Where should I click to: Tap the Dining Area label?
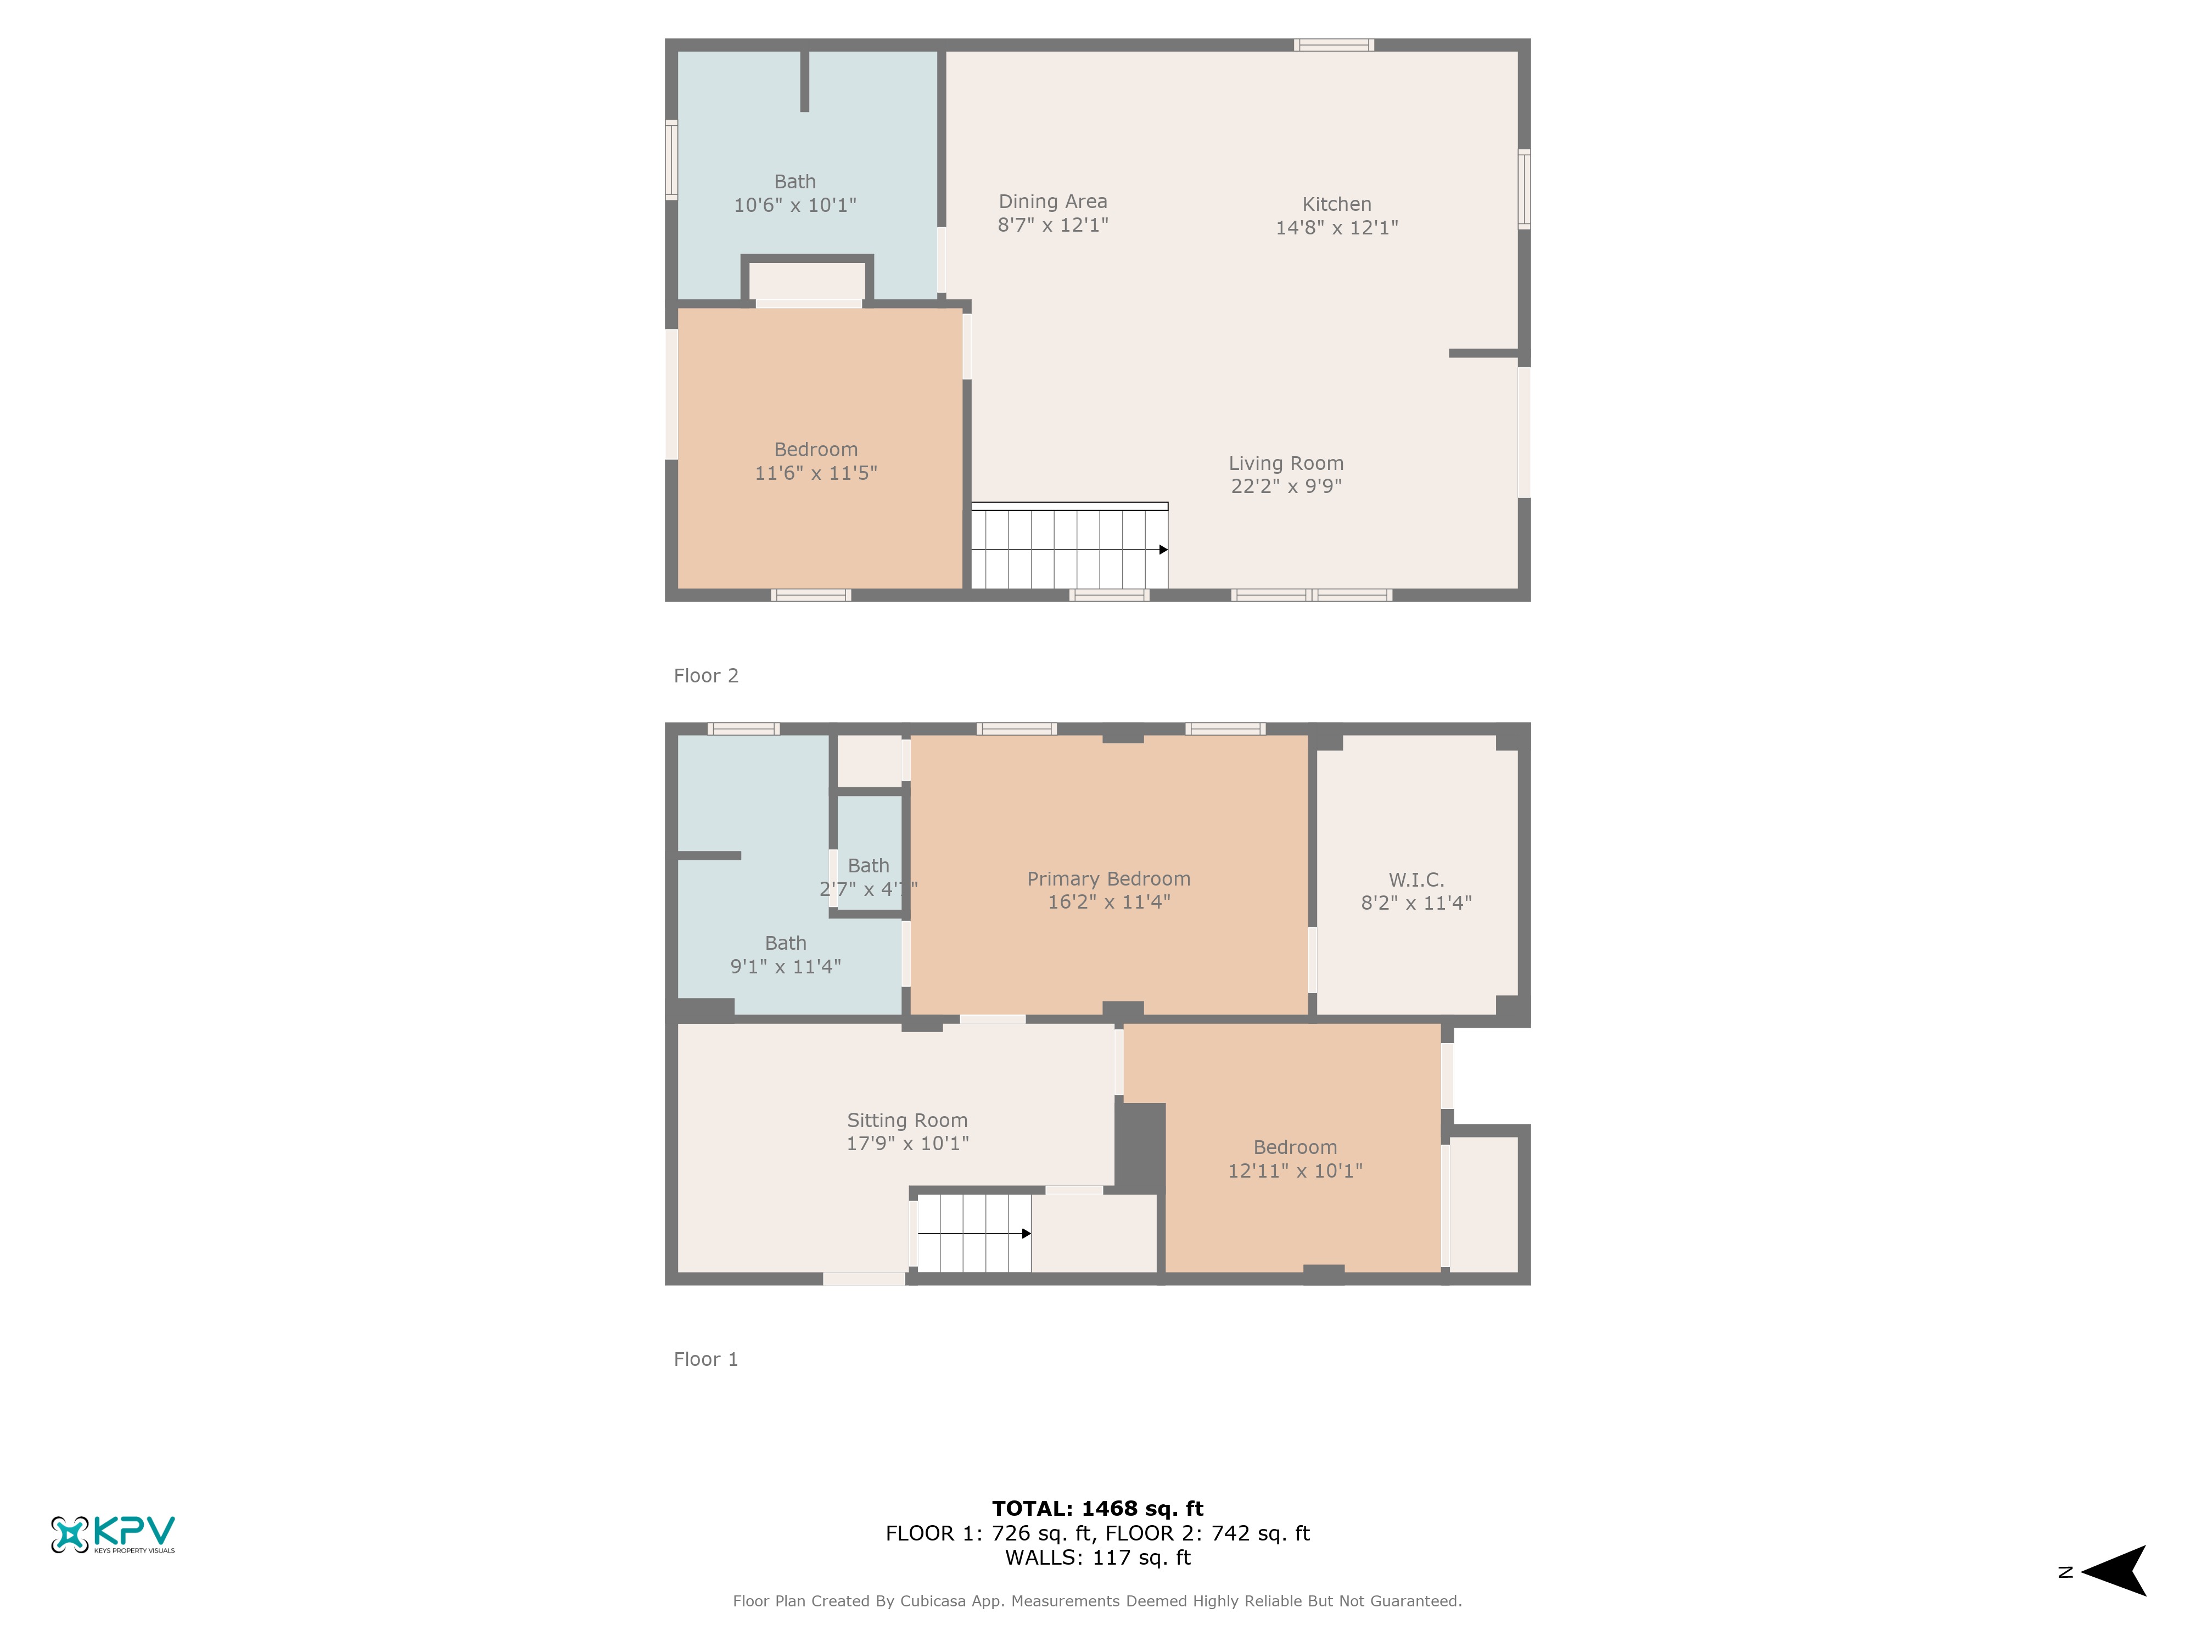1052,201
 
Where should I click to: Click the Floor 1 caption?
706,1359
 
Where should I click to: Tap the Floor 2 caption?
706,675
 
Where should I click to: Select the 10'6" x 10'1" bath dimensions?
794,205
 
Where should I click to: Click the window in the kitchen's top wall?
1334,44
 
